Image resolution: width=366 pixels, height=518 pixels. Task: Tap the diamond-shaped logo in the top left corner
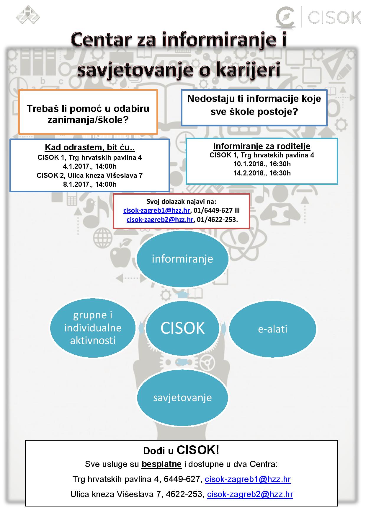pyautogui.click(x=28, y=15)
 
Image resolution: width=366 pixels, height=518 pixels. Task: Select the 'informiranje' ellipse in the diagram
pyautogui.click(x=182, y=259)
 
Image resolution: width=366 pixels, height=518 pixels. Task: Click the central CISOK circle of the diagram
pyautogui.click(x=182, y=328)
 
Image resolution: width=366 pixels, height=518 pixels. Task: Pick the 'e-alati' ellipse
pyautogui.click(x=272, y=329)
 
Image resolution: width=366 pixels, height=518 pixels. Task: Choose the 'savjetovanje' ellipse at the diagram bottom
pyautogui.click(x=182, y=398)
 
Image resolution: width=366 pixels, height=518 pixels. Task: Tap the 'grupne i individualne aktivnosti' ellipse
pyautogui.click(x=93, y=328)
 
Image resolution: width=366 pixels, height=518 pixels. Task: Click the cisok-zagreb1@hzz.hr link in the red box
pyautogui.click(x=156, y=210)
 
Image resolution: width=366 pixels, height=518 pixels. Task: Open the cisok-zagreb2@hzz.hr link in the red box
pyautogui.click(x=160, y=219)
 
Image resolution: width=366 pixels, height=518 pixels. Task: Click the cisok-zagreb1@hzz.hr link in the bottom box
pyautogui.click(x=248, y=479)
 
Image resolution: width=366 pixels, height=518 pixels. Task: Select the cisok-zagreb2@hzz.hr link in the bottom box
pyautogui.click(x=250, y=494)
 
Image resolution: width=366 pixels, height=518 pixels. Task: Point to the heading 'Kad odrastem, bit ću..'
pyautogui.click(x=90, y=147)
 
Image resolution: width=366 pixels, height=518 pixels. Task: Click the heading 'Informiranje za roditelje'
pyautogui.click(x=262, y=146)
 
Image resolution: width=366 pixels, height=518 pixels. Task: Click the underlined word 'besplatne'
pyautogui.click(x=161, y=464)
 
